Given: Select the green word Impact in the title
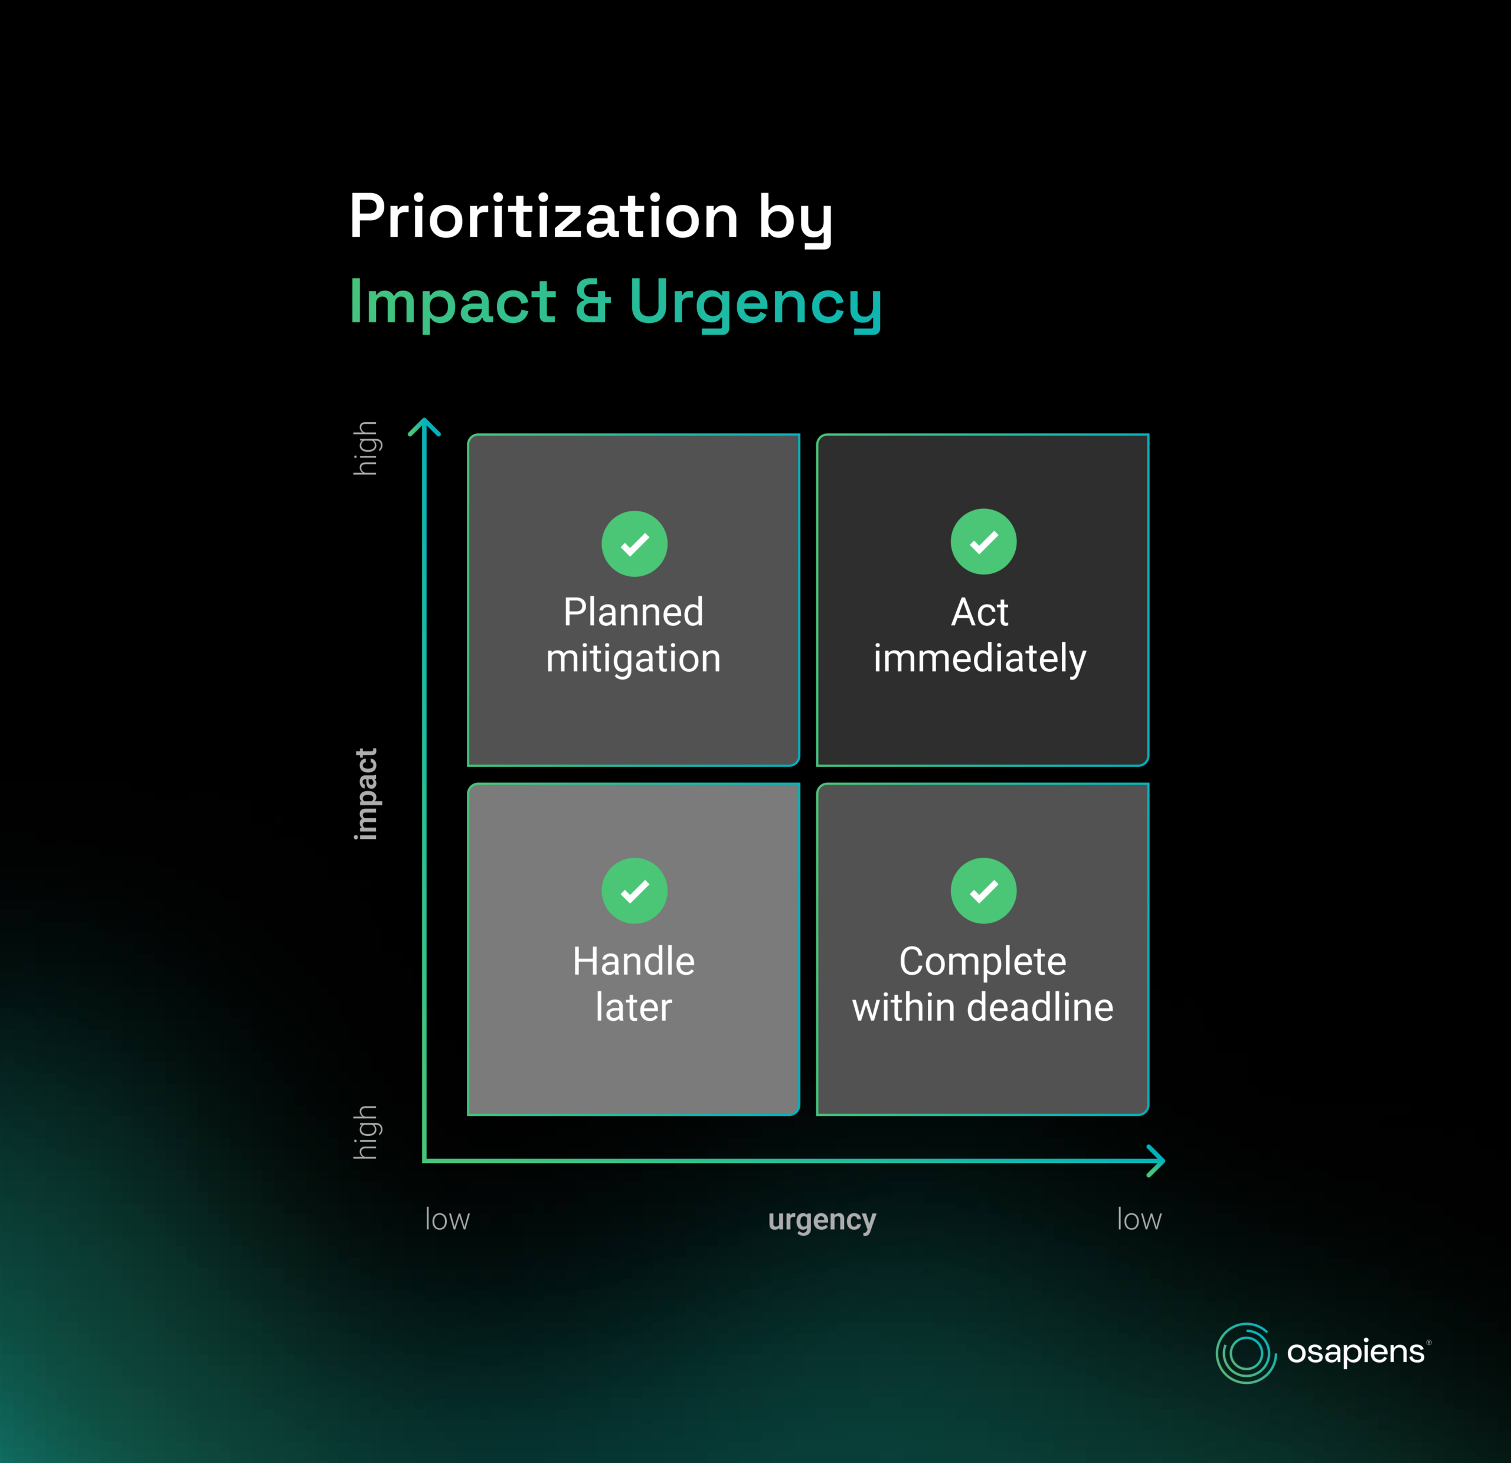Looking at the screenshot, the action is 453,303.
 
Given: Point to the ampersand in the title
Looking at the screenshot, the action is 593,301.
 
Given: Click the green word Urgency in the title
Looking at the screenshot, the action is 755,305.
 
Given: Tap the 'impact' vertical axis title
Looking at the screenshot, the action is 365,793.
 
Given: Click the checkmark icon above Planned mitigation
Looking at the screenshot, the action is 635,544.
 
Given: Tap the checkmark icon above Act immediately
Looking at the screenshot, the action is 984,541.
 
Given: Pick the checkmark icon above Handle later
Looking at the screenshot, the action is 635,891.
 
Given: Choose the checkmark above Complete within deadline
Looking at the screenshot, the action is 984,891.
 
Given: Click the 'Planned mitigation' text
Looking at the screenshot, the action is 634,635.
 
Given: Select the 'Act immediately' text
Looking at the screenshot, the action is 980,635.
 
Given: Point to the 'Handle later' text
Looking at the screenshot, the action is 634,984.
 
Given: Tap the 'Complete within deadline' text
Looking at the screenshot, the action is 983,984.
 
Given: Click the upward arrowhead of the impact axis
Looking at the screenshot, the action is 424,421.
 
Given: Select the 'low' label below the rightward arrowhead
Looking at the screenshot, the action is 1139,1219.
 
